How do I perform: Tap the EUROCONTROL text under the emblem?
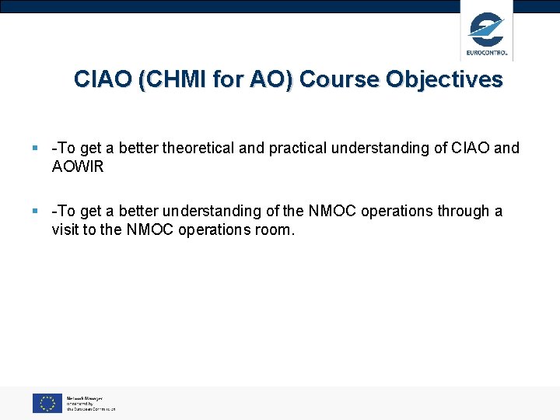(x=487, y=53)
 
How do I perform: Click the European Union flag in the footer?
(x=47, y=403)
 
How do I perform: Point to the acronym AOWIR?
(x=78, y=167)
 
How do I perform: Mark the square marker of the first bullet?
(x=36, y=148)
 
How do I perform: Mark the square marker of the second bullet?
(x=36, y=211)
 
